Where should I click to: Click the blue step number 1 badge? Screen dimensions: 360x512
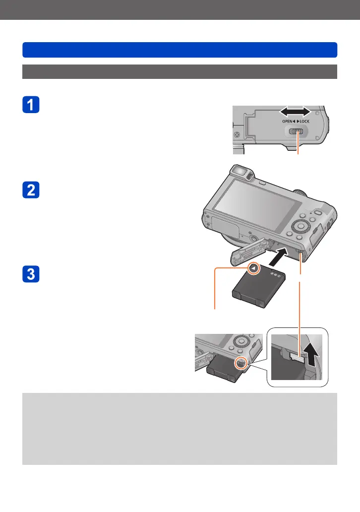point(31,106)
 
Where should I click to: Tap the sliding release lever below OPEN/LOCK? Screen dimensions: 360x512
point(297,132)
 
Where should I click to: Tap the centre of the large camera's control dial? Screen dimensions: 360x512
point(300,227)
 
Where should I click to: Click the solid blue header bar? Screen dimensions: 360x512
point(180,50)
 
